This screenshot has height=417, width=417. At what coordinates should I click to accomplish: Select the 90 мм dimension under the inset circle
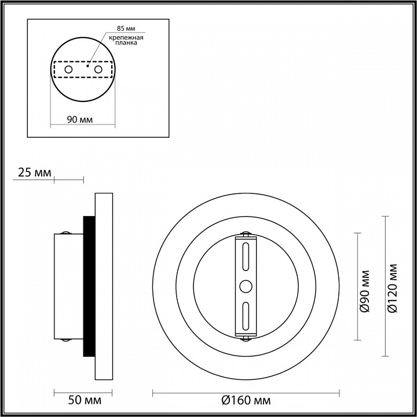[81, 120]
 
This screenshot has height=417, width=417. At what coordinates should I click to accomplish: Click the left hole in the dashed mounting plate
[68, 69]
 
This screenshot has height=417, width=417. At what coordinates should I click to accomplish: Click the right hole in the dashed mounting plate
[98, 69]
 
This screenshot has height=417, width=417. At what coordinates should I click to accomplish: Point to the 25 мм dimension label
[32, 173]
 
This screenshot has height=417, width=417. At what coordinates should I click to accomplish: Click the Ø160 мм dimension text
[246, 400]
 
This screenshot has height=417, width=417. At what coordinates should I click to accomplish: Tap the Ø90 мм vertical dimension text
[365, 291]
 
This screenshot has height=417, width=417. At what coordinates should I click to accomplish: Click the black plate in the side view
[89, 286]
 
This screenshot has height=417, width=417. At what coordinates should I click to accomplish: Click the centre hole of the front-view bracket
[245, 286]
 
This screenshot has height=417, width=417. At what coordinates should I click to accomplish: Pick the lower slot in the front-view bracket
[245, 316]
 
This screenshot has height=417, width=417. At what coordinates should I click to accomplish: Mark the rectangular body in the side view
[68, 286]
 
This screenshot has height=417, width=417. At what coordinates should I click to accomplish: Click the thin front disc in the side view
[104, 286]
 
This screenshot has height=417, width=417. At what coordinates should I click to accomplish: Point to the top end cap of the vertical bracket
[245, 235]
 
